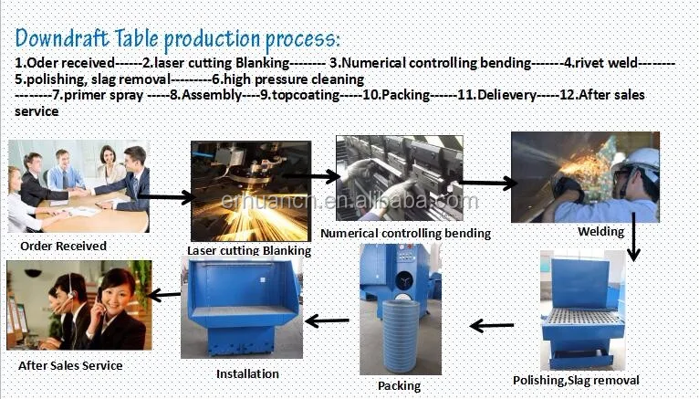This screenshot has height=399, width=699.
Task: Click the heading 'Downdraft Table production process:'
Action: click(178, 38)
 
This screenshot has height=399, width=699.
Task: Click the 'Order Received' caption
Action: click(63, 246)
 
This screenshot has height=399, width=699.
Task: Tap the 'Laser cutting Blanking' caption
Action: click(249, 250)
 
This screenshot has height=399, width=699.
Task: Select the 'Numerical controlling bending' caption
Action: click(419, 233)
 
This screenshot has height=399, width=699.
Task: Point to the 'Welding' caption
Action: click(600, 232)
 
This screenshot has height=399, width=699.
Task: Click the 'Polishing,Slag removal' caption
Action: click(589, 380)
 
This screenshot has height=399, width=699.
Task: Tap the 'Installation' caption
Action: click(247, 373)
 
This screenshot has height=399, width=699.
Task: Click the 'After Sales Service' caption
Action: click(70, 365)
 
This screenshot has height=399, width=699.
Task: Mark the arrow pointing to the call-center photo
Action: click(164, 294)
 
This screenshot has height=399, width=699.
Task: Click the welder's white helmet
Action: click(642, 158)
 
